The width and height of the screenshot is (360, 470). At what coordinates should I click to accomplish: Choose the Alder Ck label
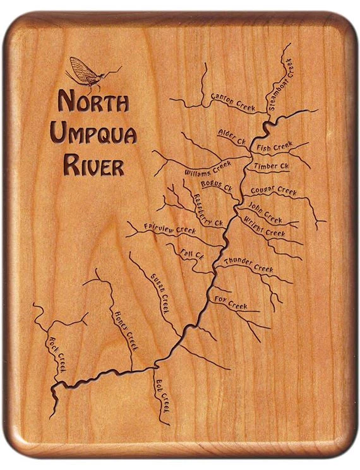(231, 136)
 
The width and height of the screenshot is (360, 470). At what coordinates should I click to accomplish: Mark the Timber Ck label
(271, 166)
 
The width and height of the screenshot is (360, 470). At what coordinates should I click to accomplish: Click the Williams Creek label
(208, 169)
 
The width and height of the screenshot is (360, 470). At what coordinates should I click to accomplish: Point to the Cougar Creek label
(273, 190)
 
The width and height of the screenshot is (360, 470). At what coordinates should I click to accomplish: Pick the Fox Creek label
(231, 303)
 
